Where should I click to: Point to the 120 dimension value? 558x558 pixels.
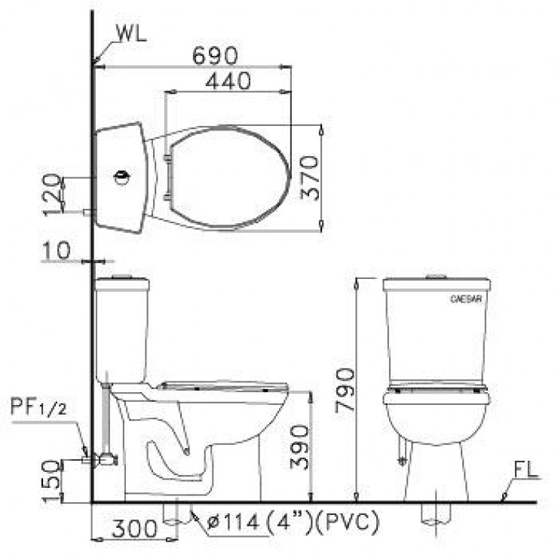[x=51, y=194]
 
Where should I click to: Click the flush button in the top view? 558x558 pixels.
[x=121, y=178]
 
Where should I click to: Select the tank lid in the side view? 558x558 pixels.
[x=122, y=284]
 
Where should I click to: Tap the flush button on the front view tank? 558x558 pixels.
[x=437, y=277]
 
